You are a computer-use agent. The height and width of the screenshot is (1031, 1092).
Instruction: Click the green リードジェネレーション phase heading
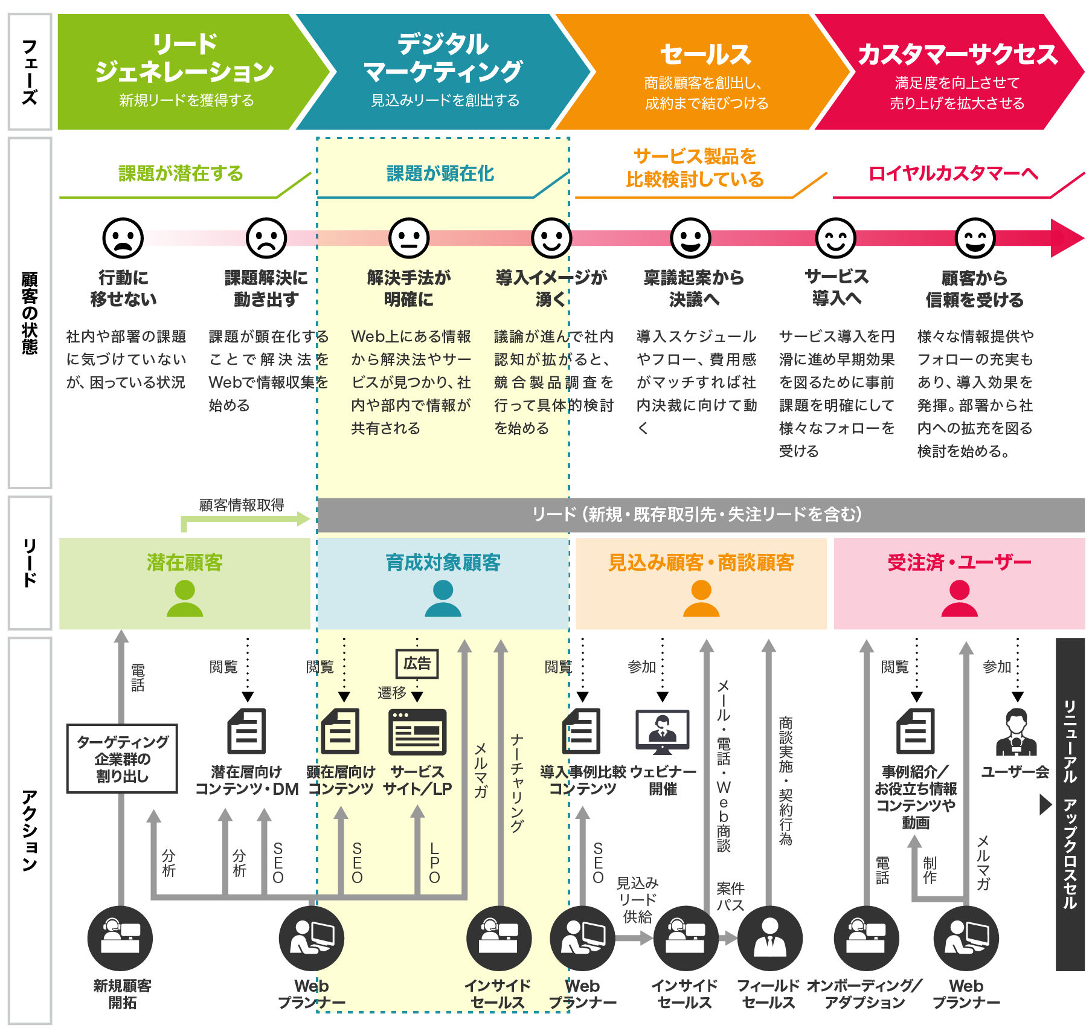184,59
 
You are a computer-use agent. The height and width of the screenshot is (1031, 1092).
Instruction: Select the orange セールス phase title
705,55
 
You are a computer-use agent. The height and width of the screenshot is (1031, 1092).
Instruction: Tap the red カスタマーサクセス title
957,55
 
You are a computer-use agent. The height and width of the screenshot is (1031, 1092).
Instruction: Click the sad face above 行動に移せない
123,239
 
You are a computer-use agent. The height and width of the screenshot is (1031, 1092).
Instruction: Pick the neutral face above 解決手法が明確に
409,239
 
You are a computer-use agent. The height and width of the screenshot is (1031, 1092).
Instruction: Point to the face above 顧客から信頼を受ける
975,239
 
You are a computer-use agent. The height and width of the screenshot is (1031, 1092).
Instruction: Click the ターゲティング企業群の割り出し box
123,759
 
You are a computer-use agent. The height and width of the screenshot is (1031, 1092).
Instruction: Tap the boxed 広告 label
417,664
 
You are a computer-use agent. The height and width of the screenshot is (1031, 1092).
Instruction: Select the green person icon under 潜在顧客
185,598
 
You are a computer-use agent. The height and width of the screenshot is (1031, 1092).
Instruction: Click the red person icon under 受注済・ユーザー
959,598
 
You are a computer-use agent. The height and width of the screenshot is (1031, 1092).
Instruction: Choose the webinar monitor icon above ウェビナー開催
663,731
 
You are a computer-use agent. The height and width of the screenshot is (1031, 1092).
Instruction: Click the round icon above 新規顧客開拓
120,938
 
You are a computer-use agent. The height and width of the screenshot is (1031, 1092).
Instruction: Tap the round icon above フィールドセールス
769,938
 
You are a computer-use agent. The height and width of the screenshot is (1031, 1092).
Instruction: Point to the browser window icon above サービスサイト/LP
417,732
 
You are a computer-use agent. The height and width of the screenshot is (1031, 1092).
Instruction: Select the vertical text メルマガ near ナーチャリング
481,770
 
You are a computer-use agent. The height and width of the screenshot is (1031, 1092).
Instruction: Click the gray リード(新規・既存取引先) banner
701,515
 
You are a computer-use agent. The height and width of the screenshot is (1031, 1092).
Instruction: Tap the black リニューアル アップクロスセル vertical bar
1070,804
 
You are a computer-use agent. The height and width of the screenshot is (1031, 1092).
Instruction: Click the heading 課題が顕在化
440,174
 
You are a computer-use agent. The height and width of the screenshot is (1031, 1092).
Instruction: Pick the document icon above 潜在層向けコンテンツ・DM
246,731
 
